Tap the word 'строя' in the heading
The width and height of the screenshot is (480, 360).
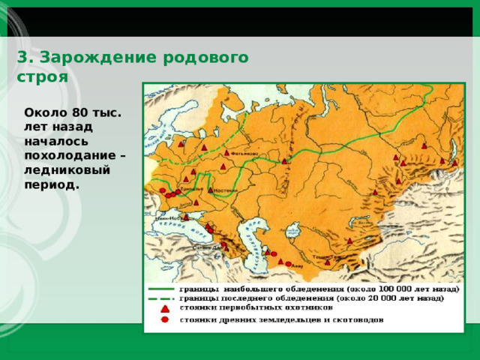coord(42,76)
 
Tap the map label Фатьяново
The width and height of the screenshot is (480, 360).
coord(244,154)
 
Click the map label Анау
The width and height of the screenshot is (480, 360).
coord(297,265)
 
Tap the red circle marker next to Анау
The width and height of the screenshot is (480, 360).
coord(289,263)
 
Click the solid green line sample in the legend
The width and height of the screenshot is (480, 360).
coord(162,288)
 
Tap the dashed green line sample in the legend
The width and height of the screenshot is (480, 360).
coord(162,298)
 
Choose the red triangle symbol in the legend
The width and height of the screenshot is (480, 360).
coord(163,308)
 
